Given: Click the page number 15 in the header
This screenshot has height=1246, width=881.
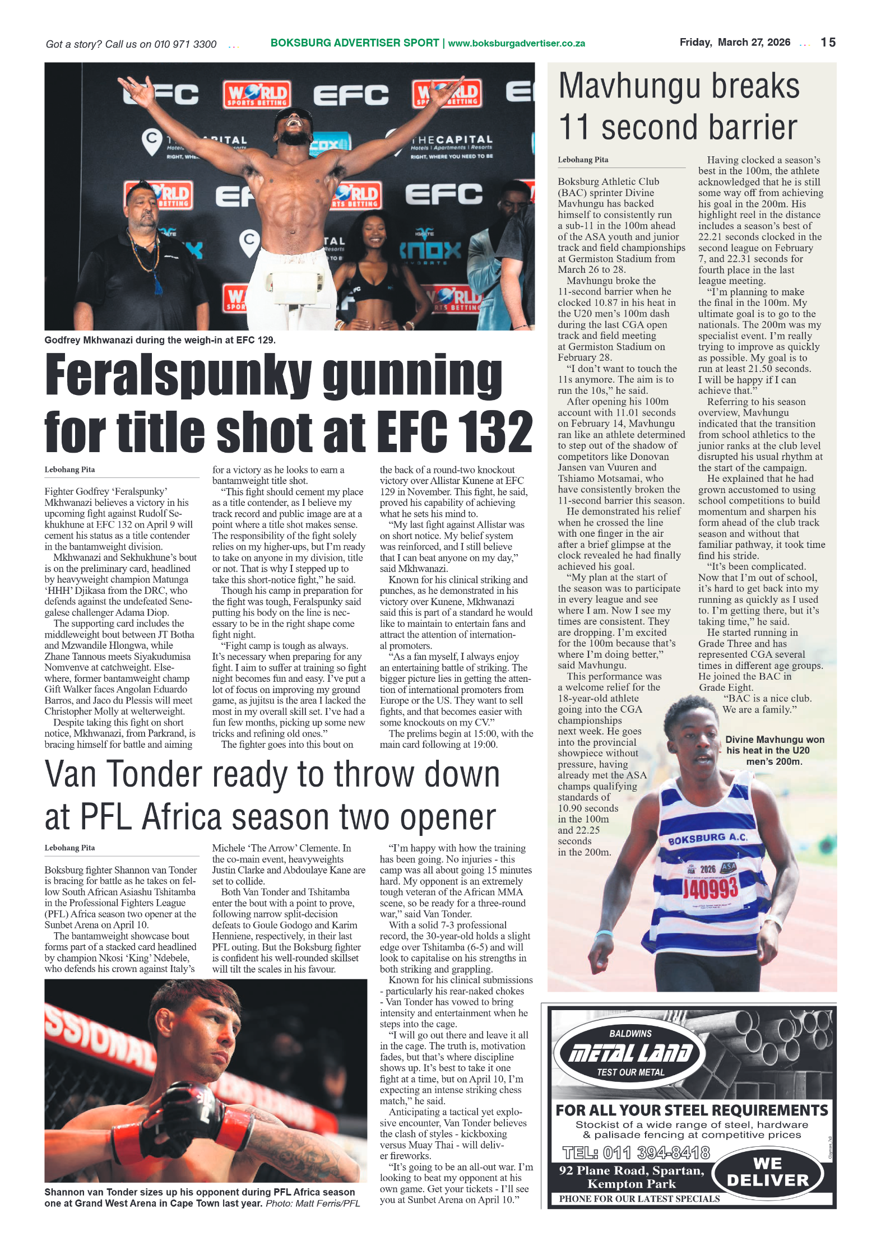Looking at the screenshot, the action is (828, 43).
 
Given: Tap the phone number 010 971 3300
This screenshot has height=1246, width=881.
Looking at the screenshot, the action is (185, 44).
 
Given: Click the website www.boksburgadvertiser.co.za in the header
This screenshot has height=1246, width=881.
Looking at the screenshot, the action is (516, 44).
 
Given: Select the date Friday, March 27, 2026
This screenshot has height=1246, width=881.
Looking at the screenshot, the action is (735, 43).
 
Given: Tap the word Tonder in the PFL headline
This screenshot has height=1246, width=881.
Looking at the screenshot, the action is (233, 775).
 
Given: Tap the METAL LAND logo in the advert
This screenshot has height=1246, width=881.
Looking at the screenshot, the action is (630, 1054).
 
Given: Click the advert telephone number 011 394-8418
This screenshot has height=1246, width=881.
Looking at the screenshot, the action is (636, 1153).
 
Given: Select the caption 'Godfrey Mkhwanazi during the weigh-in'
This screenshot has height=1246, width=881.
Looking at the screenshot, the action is (160, 340).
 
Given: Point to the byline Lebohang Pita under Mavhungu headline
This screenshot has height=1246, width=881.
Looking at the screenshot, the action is (583, 160).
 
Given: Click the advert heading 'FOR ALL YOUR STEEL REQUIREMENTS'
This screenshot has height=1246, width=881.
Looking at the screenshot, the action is (692, 1110).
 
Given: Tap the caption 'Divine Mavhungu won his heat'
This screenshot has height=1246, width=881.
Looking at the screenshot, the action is (774, 750).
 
